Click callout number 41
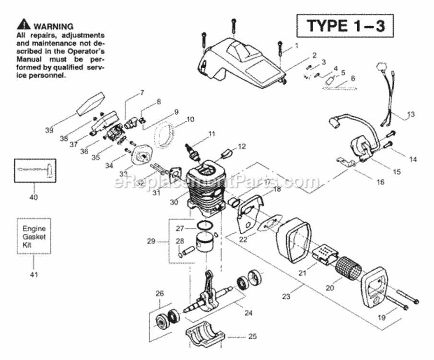pyautogui.click(x=34, y=275)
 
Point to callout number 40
pyautogui.click(x=34, y=197)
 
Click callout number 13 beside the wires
pyautogui.click(x=411, y=114)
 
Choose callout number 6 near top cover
pyautogui.click(x=353, y=78)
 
